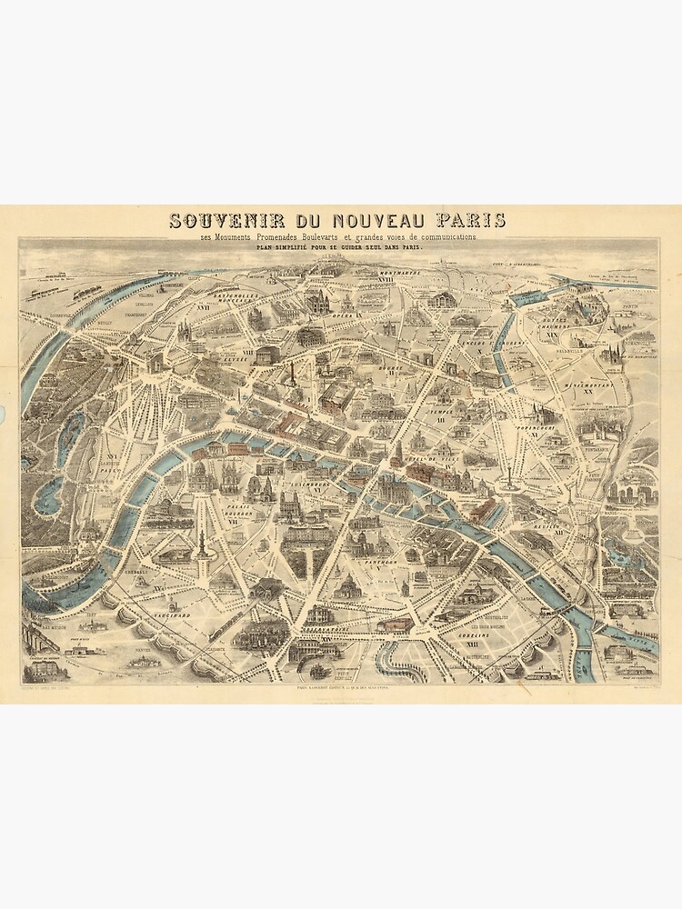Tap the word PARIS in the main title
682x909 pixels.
[x=470, y=221]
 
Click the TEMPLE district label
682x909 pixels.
[x=444, y=411]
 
